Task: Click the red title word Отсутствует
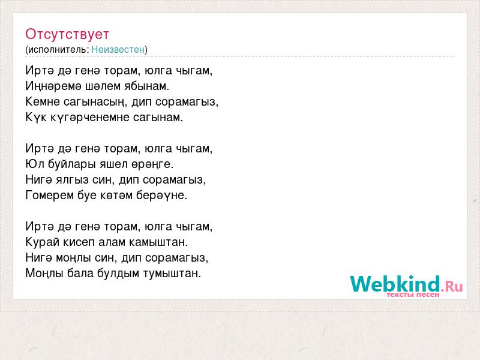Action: [67, 34]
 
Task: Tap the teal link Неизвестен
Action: [118, 50]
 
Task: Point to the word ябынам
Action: [146, 86]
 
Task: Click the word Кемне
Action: [43, 101]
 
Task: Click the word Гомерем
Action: [50, 196]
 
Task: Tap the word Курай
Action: [42, 242]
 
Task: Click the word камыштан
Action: [158, 242]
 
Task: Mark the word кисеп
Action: [79, 242]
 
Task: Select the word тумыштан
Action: [172, 274]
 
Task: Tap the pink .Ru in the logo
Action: [452, 286]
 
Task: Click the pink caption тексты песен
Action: [413, 295]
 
